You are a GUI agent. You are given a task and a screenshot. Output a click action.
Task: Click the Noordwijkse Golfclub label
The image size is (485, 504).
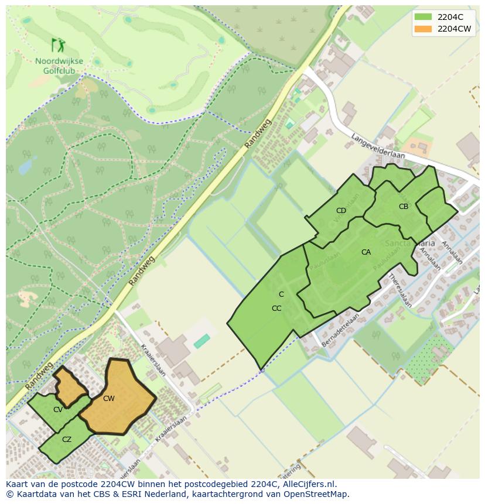pos(59,66)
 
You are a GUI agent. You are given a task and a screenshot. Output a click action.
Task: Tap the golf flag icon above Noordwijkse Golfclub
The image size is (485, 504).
pos(58,45)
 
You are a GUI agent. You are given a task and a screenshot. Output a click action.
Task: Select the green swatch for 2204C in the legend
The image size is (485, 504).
pos(423,16)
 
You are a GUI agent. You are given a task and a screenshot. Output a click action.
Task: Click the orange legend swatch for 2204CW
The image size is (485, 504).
pos(423,28)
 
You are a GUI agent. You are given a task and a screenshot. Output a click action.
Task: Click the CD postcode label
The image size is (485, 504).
pos(341,211)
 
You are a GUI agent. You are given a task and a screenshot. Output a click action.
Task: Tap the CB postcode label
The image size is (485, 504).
pos(404,207)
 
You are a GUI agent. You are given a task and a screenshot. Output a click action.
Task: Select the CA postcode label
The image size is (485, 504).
pos(366,252)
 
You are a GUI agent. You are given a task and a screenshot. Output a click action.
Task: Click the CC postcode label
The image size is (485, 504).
pos(276,308)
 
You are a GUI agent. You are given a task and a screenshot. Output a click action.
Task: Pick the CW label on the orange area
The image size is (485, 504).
pos(108,399)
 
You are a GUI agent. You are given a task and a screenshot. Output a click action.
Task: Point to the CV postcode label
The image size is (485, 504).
pos(57,410)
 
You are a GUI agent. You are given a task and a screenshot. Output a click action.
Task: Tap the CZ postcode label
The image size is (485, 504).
pos(67,440)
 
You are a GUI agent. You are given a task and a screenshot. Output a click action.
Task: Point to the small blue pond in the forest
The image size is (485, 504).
pos(27,166)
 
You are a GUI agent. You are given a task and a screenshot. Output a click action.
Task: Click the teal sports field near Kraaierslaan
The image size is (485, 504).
pos(202,341)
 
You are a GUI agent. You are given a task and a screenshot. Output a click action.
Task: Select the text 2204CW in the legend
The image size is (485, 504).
pos(454,28)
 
